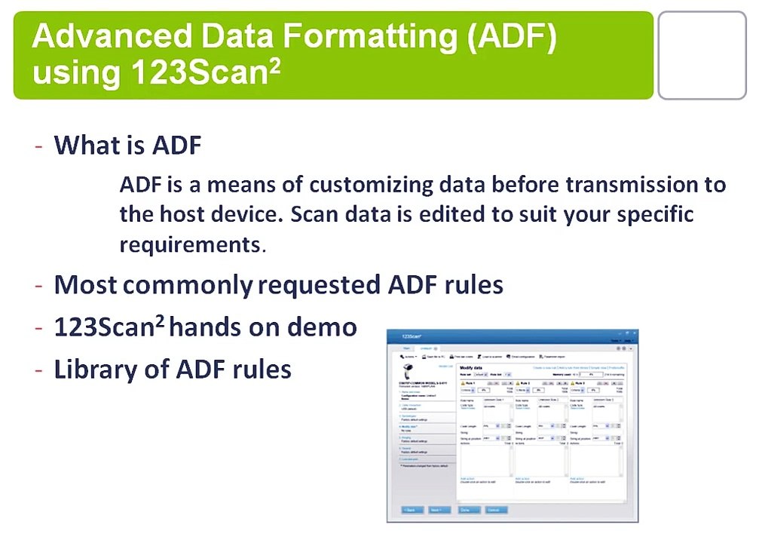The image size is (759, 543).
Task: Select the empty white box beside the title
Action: click(x=701, y=55)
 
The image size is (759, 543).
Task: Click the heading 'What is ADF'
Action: click(x=127, y=145)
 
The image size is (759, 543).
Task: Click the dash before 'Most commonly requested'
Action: click(x=38, y=285)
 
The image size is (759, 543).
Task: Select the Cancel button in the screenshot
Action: click(x=495, y=510)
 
